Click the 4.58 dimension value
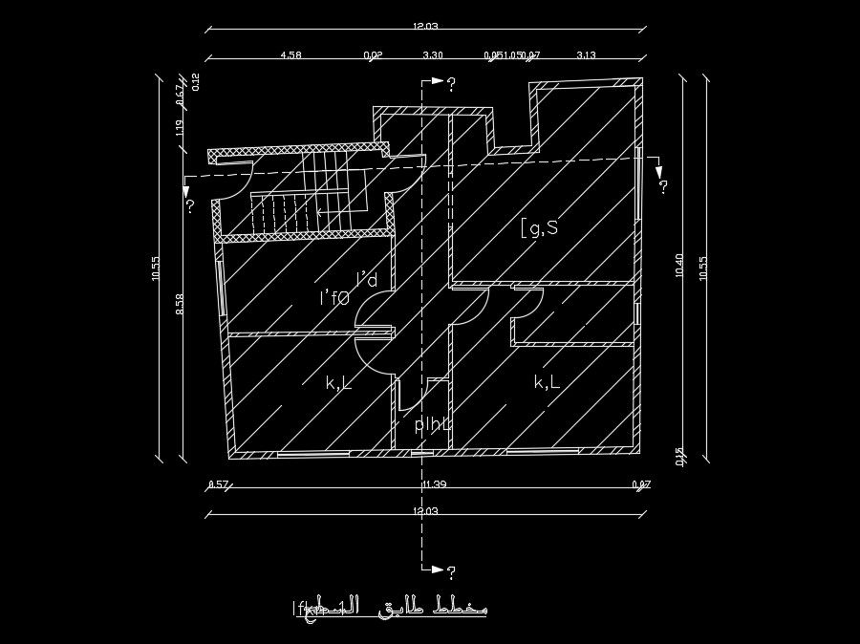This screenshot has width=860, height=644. [x=290, y=55]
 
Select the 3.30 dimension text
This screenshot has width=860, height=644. [x=433, y=55]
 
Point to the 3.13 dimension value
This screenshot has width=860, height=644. [x=586, y=55]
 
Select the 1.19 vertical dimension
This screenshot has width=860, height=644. [x=181, y=128]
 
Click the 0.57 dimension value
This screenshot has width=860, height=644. [x=218, y=484]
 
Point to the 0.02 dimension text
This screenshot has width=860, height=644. [x=374, y=55]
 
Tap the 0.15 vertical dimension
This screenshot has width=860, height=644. [x=679, y=456]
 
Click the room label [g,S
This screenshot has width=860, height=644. [x=539, y=227]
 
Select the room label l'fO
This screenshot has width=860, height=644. [x=334, y=299]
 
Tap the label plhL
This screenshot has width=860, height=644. [x=432, y=425]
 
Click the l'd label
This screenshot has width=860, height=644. [x=367, y=280]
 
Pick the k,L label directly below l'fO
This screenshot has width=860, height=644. [x=338, y=383]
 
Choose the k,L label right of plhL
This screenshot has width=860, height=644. [x=547, y=382]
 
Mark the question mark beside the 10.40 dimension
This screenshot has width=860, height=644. [x=662, y=186]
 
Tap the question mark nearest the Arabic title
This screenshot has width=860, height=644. [x=451, y=572]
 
